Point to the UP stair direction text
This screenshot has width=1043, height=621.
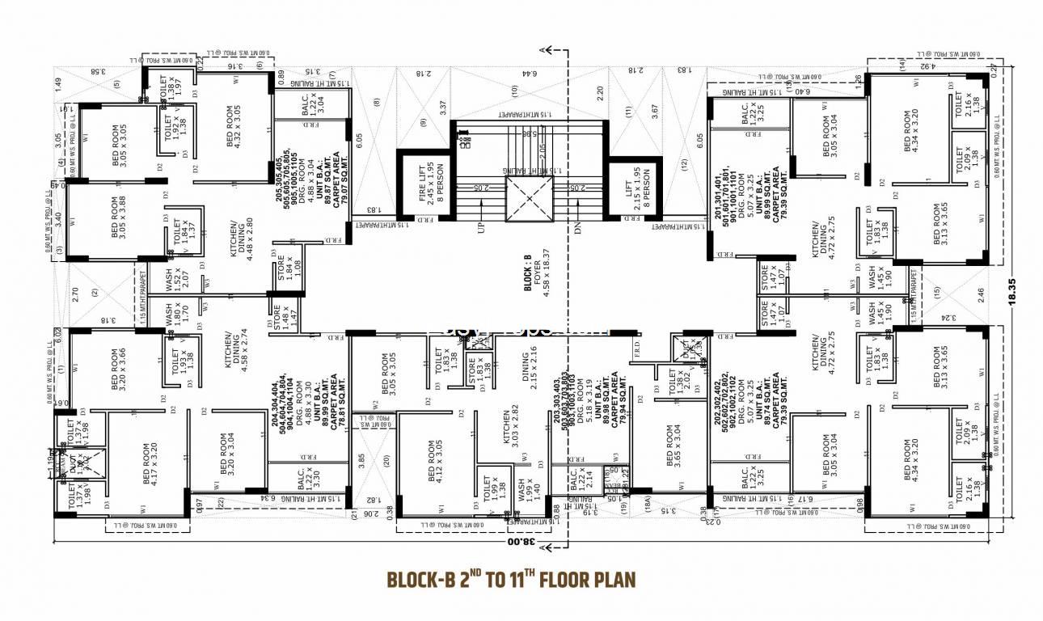[x=482, y=227]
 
